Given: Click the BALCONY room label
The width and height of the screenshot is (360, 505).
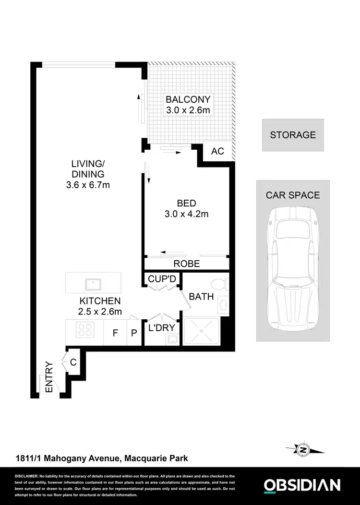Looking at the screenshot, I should pos(188,100).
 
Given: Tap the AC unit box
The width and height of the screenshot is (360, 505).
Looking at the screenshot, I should pos(217,151).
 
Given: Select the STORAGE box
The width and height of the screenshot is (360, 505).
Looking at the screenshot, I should pos(293,135).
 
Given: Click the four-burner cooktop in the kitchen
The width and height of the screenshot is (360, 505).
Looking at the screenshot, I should pos(85,330).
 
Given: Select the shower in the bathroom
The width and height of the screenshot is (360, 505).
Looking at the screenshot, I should pos(201,331).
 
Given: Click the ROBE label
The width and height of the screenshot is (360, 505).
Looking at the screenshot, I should pos(187,264).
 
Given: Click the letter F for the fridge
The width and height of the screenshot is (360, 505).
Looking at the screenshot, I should pos(115,333).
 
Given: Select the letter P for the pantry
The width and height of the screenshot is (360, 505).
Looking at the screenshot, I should pos(134,333).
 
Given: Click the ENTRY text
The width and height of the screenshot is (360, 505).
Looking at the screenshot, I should pos(48,378).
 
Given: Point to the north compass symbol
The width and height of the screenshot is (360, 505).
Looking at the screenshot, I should pos(303,450).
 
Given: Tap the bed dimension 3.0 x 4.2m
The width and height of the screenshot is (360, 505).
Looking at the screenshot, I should pos(186,214).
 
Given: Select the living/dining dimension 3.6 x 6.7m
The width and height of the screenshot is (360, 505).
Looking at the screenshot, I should pos(88,185).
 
